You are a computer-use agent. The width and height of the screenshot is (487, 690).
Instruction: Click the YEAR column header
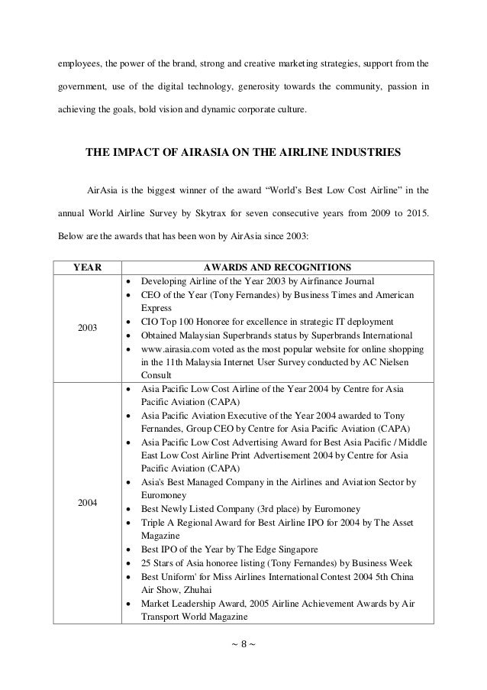[86, 267]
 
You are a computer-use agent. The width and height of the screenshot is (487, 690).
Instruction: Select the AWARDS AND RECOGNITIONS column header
[278, 267]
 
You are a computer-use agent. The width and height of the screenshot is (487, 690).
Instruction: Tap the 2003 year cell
[86, 328]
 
